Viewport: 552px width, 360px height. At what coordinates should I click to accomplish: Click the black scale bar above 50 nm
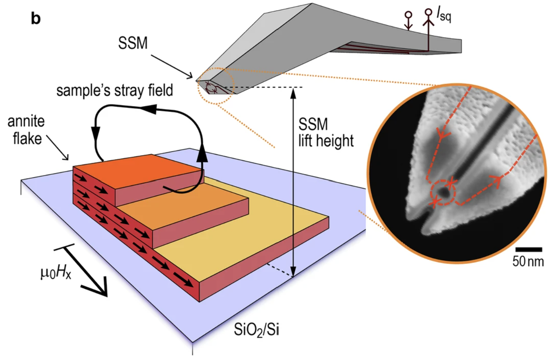coord(528,249)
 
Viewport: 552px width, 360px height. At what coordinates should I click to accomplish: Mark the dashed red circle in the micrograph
coord(443,192)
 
